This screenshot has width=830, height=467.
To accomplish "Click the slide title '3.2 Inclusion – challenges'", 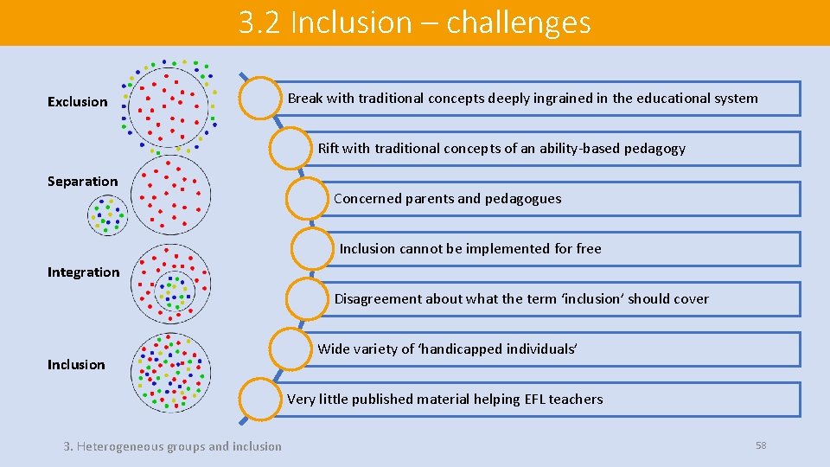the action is (x=415, y=22).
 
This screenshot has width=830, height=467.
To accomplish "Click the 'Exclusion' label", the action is (x=77, y=102).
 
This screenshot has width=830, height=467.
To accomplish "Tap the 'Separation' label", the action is (x=82, y=182).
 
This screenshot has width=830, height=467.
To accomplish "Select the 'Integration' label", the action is (x=83, y=272).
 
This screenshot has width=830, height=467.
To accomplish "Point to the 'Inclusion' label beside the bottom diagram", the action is (x=76, y=365).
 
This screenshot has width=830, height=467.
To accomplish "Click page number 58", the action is (x=761, y=445).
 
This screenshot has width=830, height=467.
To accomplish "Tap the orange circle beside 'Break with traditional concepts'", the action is (x=259, y=98).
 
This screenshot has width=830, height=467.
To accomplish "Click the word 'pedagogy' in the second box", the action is (x=656, y=149).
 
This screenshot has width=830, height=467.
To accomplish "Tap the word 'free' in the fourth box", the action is (x=588, y=249).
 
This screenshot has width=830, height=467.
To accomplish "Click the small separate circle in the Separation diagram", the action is (x=108, y=215).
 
